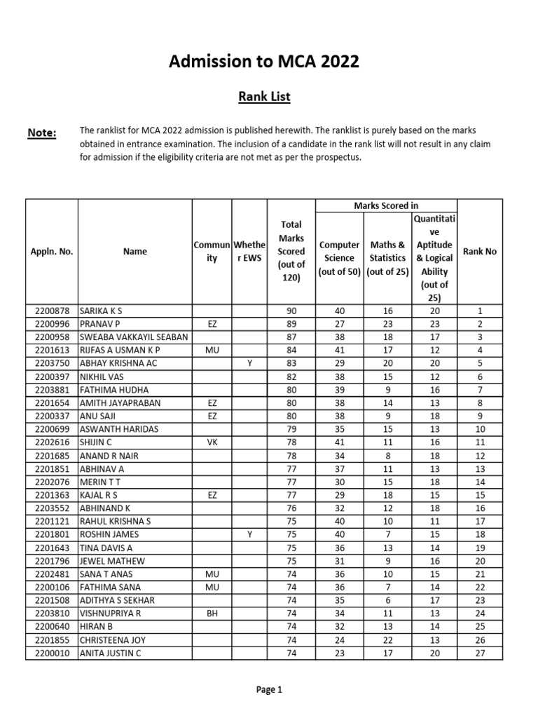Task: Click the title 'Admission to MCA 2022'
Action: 264,62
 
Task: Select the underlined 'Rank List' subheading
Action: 264,96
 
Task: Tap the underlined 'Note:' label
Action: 41,133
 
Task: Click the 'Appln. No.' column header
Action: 51,251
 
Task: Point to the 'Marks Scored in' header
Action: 385,205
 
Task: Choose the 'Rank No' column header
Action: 480,251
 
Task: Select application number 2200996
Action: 51,324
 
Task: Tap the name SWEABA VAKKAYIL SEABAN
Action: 134,337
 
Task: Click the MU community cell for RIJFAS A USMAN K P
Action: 212,350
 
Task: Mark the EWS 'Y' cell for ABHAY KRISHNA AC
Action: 249,363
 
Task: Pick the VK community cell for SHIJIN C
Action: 212,442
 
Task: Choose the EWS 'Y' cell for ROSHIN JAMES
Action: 249,535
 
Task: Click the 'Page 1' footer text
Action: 269,690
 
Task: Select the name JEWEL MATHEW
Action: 112,561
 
